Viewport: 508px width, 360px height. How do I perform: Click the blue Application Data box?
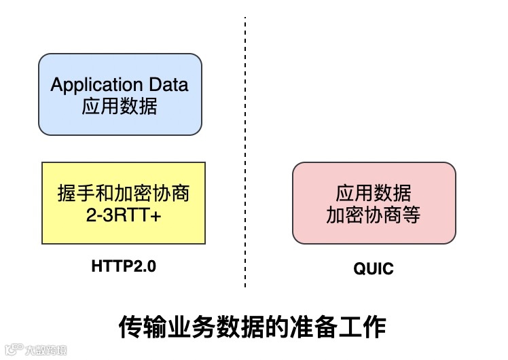click(x=120, y=94)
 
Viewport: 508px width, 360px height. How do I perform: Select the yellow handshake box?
click(x=124, y=202)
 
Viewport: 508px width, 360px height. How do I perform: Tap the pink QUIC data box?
click(x=374, y=202)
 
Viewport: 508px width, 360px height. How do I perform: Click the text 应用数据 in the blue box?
click(x=120, y=107)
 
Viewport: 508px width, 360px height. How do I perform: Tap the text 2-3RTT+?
click(x=123, y=215)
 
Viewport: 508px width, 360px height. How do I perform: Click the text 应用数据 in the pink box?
click(x=374, y=193)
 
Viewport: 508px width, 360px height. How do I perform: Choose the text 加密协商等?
click(x=374, y=215)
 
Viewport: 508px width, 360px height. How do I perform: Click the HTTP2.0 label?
click(x=124, y=266)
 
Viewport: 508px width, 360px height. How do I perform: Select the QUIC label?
click(x=373, y=269)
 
